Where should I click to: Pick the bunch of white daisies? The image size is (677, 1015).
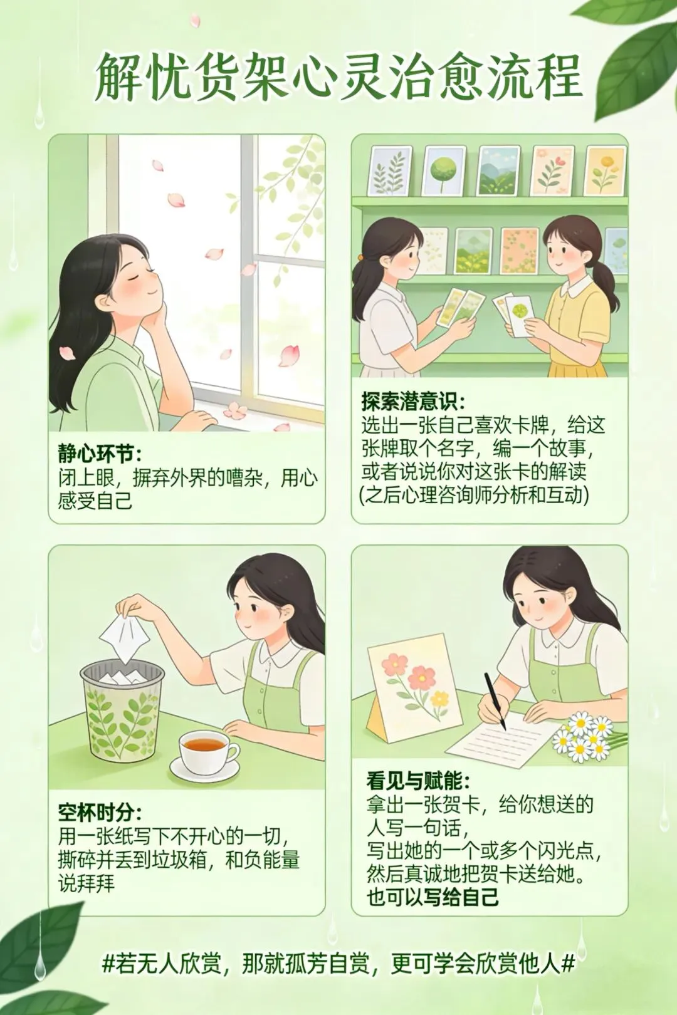point(585,735)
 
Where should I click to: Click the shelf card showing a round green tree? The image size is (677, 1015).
point(443,171)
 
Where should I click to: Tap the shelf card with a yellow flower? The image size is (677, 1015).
point(606,170)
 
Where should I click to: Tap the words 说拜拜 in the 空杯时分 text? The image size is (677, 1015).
point(86,884)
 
